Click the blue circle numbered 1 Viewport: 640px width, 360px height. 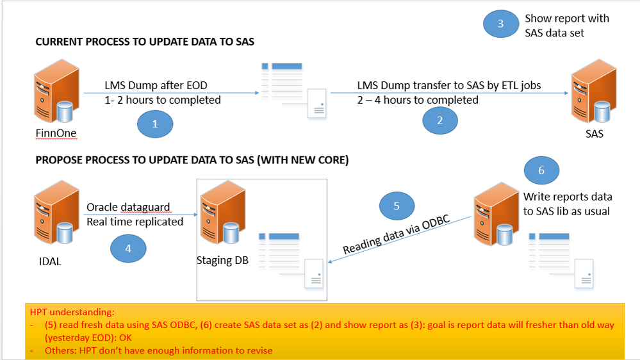154,124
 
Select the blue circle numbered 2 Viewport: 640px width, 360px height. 439,120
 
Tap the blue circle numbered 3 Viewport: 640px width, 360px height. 501,24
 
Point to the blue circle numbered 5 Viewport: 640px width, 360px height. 397,206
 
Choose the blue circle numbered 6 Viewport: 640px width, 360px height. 541,170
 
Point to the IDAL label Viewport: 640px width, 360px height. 50,261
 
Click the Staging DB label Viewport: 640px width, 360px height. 222,260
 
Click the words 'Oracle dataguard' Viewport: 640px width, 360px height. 128,208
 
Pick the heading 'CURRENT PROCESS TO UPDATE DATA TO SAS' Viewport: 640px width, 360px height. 144,42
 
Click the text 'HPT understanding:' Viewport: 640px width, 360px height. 71,312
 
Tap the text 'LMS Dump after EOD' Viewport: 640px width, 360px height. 156,86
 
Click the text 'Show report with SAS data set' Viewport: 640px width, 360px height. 566,25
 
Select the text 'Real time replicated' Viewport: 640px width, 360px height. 135,222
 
